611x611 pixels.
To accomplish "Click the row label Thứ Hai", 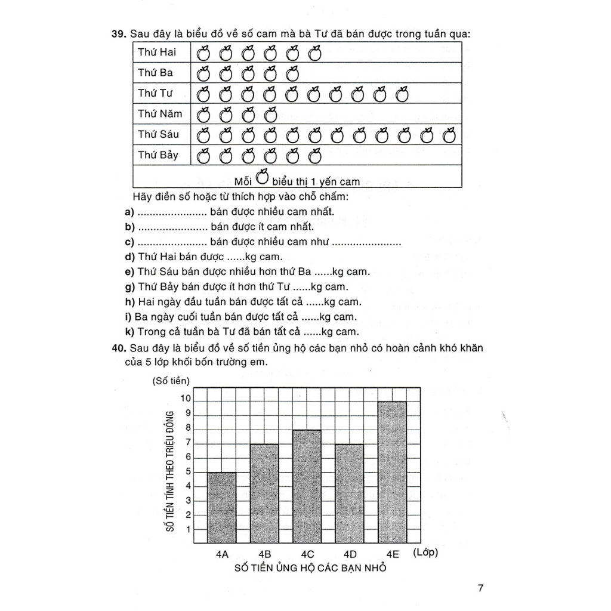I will pos(157,52).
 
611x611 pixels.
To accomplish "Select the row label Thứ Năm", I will pos(160,113).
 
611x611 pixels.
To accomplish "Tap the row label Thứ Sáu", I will pos(158,134).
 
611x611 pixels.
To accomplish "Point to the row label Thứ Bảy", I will pos(158,155).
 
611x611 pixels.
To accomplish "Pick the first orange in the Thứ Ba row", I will pos(203,74).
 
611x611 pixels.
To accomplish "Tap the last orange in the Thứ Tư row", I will pos(403,94).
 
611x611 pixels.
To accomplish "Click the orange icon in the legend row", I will pos(261,178).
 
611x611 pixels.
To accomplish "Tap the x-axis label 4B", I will pos(265,554).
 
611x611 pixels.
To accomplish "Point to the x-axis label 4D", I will pos(350,554).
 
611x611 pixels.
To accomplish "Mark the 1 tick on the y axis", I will pos(188,529).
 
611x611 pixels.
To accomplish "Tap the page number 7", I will pos(481,588).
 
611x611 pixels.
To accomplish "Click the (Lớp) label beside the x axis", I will pos(425,553).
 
